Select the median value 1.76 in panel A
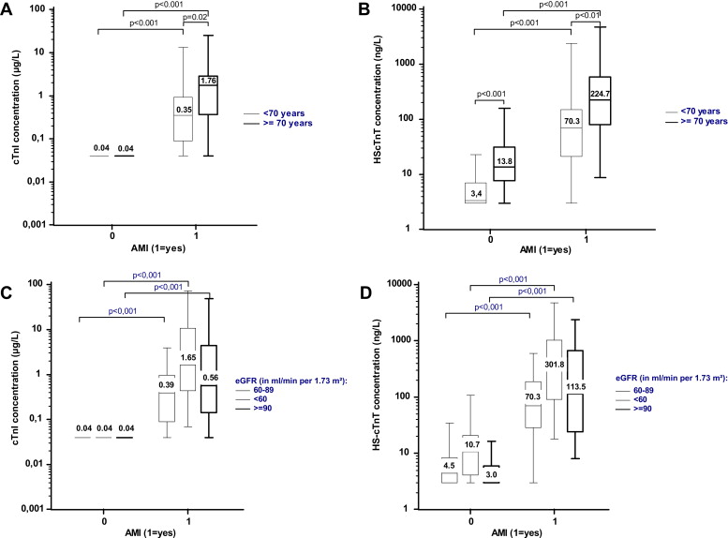point(208,81)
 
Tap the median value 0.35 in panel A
point(184,110)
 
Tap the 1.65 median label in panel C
point(188,358)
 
